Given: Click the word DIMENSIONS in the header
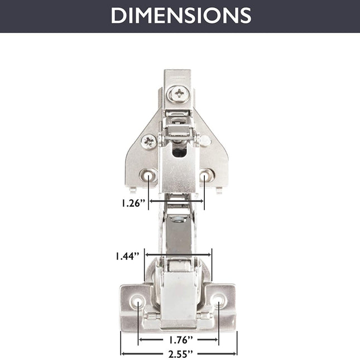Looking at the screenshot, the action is (x=181, y=16).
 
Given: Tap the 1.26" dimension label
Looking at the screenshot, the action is (x=133, y=203).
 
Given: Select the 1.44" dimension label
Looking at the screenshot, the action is (x=127, y=256).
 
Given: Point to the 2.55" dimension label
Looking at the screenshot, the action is (x=180, y=354).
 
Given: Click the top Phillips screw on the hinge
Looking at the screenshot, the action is (x=179, y=94).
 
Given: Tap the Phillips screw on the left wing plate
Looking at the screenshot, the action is (x=149, y=142).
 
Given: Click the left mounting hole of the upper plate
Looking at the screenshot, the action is (x=148, y=175).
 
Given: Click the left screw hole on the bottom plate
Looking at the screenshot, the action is (x=138, y=301).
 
